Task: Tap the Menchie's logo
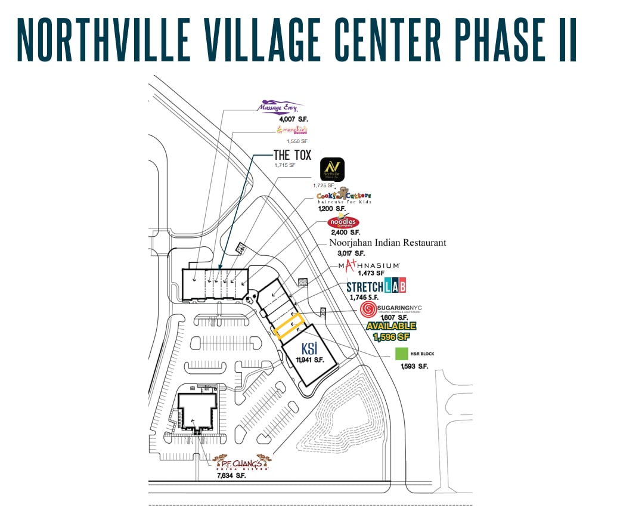click(x=292, y=129)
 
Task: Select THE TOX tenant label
click(x=292, y=155)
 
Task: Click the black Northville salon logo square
click(x=333, y=169)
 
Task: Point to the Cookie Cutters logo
click(x=343, y=196)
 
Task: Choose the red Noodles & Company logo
click(x=343, y=223)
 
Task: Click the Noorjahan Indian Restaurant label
click(x=387, y=243)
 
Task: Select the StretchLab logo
click(x=376, y=286)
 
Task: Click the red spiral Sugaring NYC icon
click(x=368, y=309)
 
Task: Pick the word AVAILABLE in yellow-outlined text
click(x=391, y=326)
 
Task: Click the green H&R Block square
click(x=402, y=354)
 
